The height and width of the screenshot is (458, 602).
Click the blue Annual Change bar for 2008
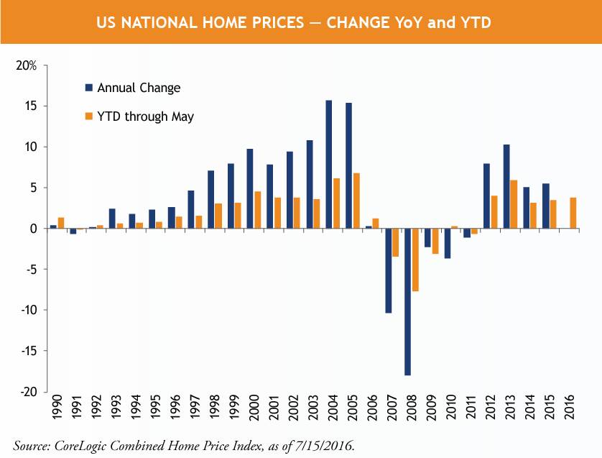tap(407, 302)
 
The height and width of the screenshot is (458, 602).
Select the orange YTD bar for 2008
tap(415, 260)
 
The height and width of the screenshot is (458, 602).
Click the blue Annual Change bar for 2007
tap(388, 270)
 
